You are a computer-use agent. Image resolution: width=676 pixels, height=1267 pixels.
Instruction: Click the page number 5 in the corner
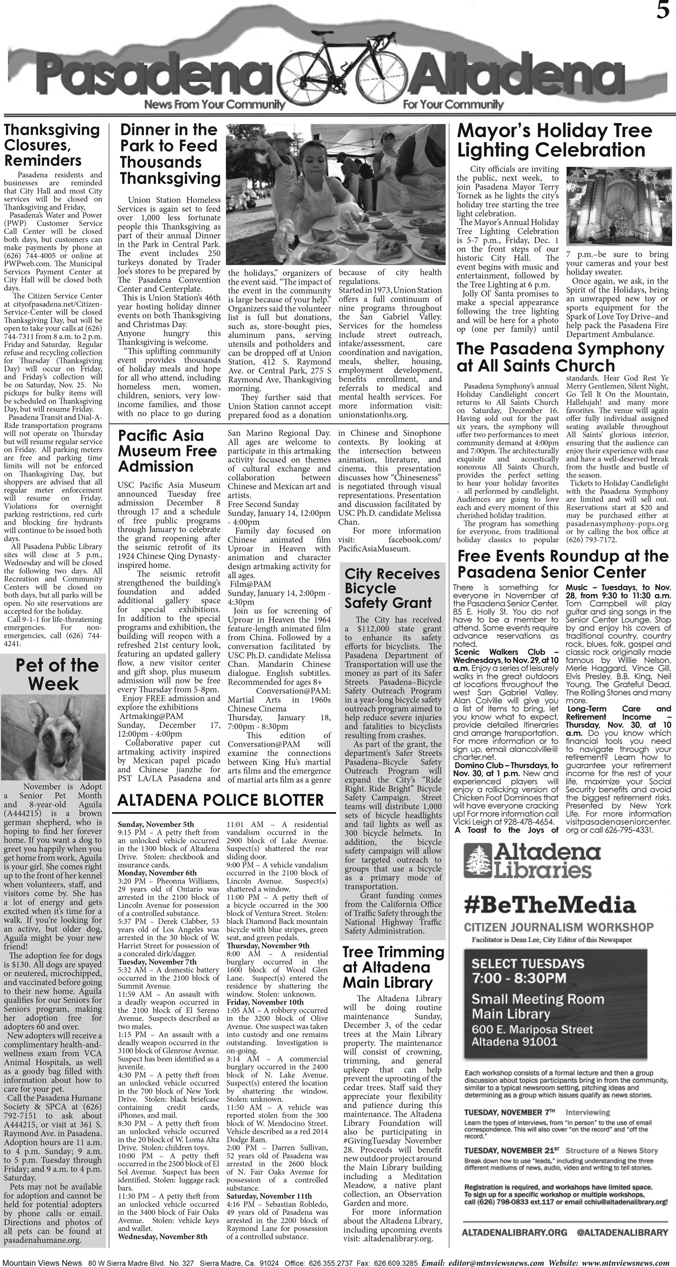click(662, 11)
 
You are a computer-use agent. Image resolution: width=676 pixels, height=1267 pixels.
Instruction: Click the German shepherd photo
click(53, 737)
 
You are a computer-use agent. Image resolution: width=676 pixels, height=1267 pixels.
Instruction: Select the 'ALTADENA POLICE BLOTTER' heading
click(220, 800)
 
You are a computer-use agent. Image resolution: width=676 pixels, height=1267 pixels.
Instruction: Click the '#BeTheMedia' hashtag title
click(550, 905)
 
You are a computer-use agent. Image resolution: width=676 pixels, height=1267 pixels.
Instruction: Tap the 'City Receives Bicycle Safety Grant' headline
click(392, 588)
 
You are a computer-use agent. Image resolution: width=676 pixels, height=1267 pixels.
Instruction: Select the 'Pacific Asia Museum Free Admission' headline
click(167, 451)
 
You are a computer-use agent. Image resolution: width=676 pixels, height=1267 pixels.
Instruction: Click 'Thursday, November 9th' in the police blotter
click(268, 945)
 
